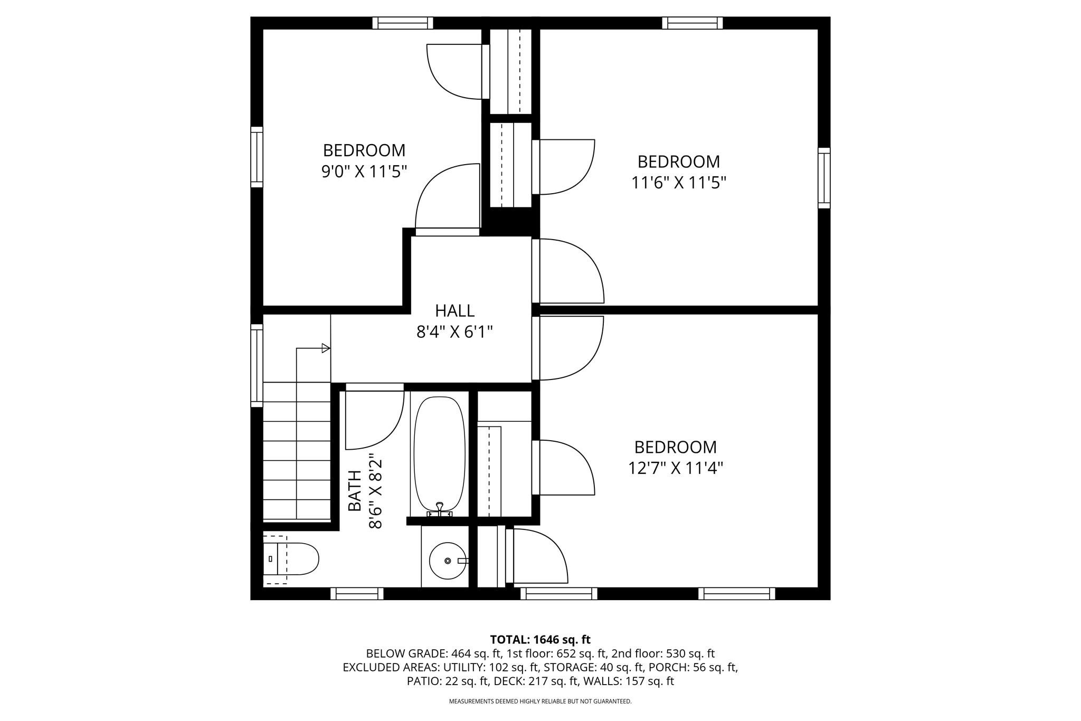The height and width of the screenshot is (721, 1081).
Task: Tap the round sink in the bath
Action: coord(447,561)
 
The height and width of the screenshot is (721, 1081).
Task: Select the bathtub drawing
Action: coord(439,454)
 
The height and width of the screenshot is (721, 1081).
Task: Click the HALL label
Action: coord(454,310)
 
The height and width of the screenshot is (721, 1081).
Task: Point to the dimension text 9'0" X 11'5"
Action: coord(364,172)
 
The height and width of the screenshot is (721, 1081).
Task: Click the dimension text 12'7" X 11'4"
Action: coord(675,468)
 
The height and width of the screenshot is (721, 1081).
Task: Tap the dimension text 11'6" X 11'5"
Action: coord(678,183)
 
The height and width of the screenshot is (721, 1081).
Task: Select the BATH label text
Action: coord(355,490)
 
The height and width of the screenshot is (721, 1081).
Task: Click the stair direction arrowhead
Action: coord(326,348)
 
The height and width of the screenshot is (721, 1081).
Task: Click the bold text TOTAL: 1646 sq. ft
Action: coord(540,640)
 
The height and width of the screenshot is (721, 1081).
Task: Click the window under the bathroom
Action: coord(357,593)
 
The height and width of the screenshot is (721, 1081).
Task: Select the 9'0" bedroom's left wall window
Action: coord(257,157)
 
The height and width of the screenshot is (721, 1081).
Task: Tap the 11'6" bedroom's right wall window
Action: coord(823,178)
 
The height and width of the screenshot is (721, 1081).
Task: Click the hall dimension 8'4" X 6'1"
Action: coord(454,332)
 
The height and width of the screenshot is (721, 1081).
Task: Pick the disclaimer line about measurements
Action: coord(540,701)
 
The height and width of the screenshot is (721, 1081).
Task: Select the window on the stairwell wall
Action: coord(257,365)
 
